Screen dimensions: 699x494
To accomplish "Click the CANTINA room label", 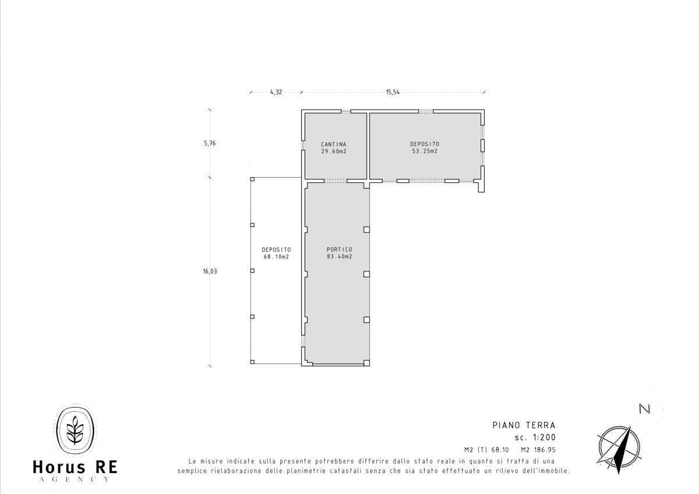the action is click(334, 144).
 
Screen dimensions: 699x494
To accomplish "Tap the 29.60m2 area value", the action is click(334, 151).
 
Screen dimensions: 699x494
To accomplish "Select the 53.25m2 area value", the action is click(425, 151).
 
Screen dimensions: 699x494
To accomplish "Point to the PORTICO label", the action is click(340, 249).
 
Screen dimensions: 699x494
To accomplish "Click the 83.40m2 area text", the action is click(340, 256).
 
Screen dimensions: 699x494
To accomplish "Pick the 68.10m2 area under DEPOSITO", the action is click(276, 257).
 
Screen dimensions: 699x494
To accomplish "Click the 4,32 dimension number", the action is click(276, 92).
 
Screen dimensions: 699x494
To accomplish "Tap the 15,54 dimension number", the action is click(393, 92).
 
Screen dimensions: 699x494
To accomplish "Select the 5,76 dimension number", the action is click(210, 143).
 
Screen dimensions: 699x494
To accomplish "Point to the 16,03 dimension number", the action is click(210, 271).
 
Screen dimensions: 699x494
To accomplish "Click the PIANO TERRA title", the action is click(524, 425).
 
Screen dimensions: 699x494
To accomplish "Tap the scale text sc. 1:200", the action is click(535, 437).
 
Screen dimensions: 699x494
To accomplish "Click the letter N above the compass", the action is click(644, 409).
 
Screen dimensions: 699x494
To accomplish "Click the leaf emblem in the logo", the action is click(75, 430).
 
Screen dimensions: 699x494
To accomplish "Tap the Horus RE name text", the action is click(75, 467).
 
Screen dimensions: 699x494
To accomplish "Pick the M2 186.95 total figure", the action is click(538, 450).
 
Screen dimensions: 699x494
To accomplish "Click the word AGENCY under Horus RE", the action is click(75, 479).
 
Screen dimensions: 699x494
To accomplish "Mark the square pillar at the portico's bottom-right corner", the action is click(366, 363).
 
